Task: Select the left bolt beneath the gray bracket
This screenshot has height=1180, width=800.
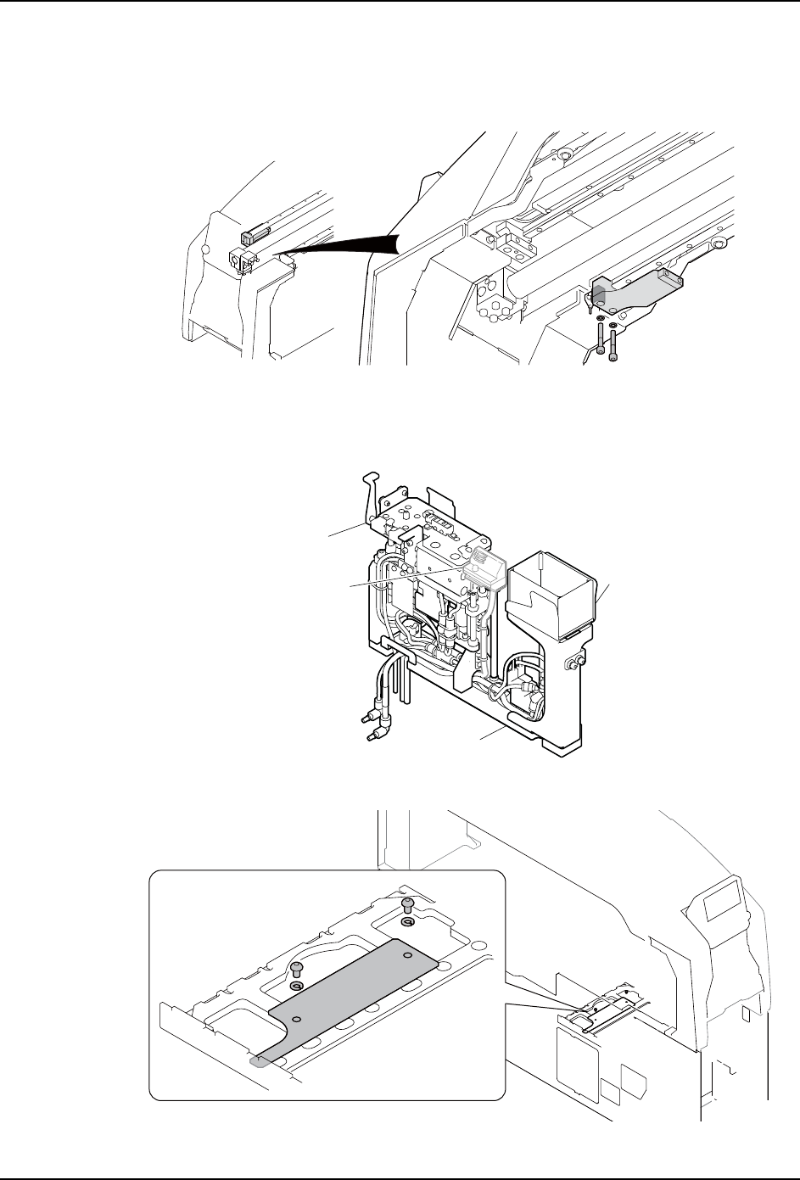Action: (601, 339)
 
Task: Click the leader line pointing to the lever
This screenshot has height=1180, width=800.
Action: (349, 532)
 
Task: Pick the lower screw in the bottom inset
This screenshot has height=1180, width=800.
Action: (296, 970)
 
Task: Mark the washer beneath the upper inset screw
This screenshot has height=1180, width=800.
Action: (407, 923)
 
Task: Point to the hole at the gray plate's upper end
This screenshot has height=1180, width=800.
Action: (407, 955)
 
